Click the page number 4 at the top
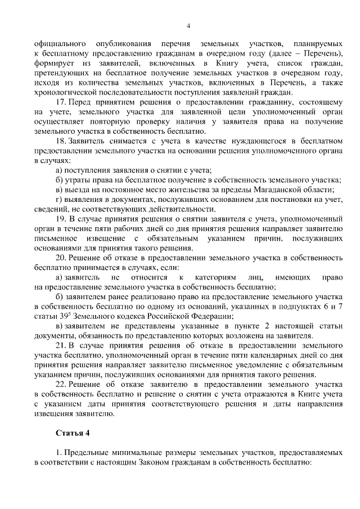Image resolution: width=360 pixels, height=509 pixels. [x=188, y=25]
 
